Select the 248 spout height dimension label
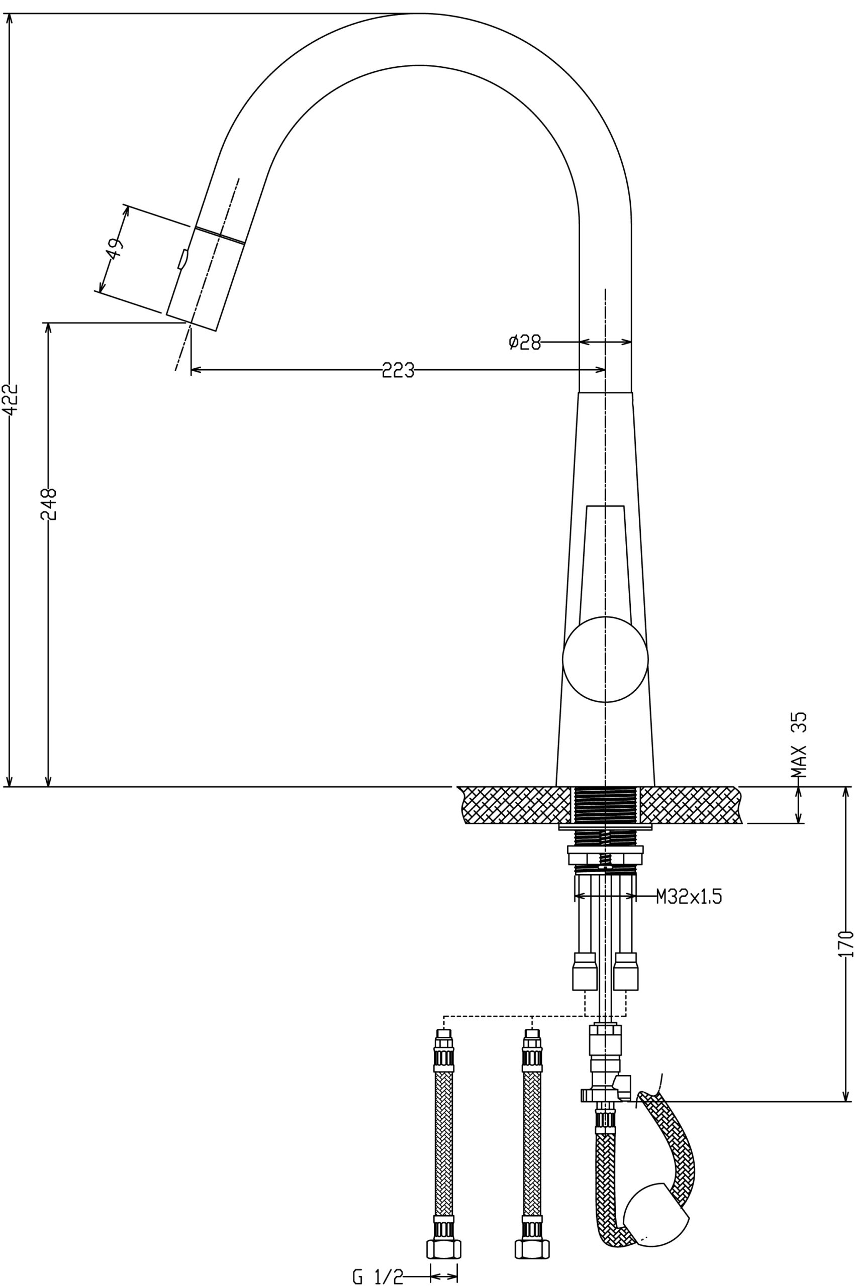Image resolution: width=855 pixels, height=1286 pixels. click(49, 504)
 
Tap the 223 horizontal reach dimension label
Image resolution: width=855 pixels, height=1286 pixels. click(398, 370)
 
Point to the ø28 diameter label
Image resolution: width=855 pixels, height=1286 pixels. click(525, 342)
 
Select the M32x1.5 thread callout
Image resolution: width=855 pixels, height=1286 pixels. click(689, 896)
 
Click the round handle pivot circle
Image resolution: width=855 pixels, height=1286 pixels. click(605, 660)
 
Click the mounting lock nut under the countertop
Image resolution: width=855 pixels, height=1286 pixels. click(605, 855)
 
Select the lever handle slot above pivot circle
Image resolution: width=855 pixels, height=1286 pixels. click(605, 561)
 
